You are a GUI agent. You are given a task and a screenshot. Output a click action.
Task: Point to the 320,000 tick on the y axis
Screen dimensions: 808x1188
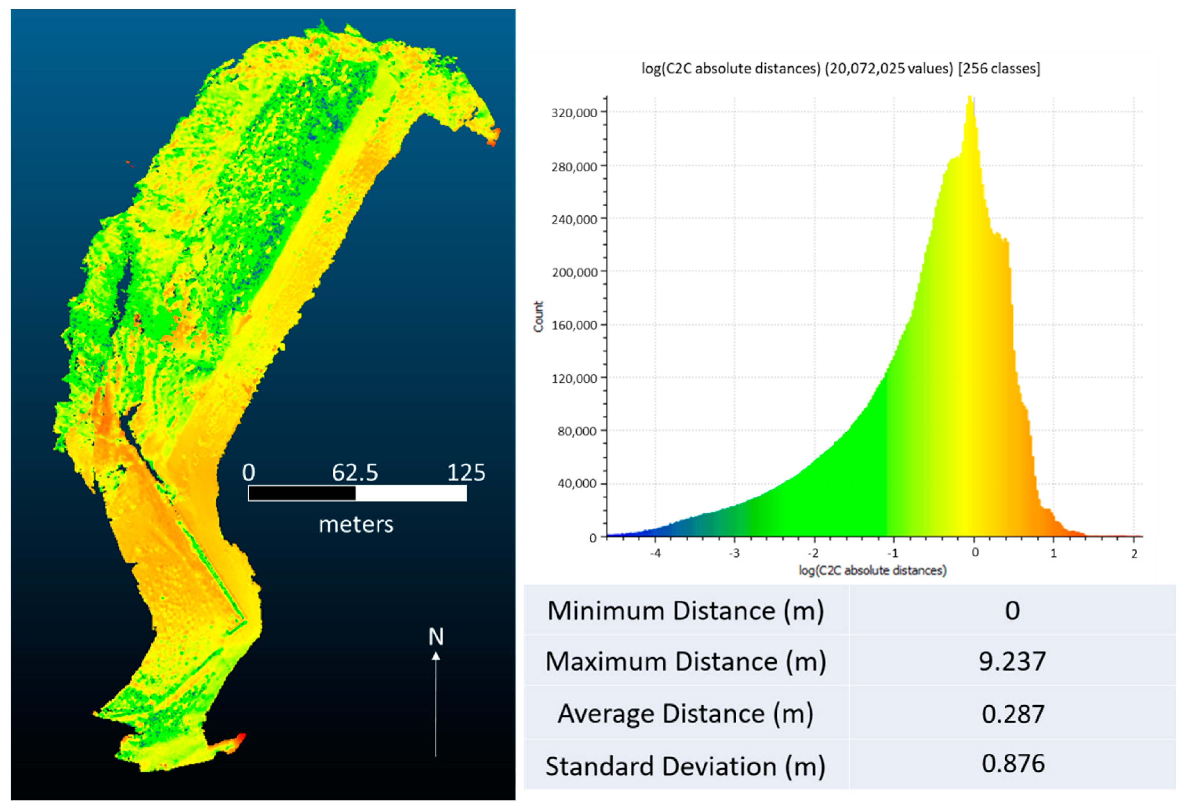pyautogui.click(x=574, y=112)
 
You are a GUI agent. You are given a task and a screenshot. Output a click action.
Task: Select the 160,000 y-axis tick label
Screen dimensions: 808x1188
pyautogui.click(x=574, y=325)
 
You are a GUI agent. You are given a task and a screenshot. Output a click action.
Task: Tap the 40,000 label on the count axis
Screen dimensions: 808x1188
pyautogui.click(x=577, y=483)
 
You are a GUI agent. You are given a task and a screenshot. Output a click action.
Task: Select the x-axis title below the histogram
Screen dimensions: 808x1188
pyautogui.click(x=873, y=570)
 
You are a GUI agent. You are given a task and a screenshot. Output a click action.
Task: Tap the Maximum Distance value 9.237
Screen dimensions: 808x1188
pyautogui.click(x=1012, y=662)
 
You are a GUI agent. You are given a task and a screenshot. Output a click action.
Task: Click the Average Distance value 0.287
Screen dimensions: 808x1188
pyautogui.click(x=1013, y=714)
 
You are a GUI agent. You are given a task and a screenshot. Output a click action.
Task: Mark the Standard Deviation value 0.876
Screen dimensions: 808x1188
pyautogui.click(x=1013, y=764)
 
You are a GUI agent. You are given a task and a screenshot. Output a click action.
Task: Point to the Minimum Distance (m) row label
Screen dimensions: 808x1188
pyautogui.click(x=686, y=611)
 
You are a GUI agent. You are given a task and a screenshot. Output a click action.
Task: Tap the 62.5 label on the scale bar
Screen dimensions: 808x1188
pyautogui.click(x=355, y=473)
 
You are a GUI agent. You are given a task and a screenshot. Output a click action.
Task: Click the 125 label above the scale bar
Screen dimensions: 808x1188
pyautogui.click(x=466, y=473)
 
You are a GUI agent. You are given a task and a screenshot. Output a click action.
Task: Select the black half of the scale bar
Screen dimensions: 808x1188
pyautogui.click(x=302, y=493)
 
